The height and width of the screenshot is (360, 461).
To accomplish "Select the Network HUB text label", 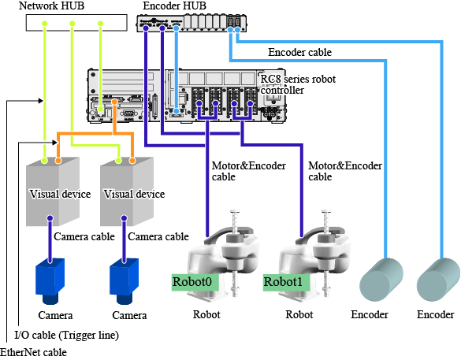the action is point(51,6).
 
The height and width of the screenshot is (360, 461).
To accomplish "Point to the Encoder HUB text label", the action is point(174,6).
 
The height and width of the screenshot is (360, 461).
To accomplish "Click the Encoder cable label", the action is point(299,52).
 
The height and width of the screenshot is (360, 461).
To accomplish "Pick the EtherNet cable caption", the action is point(34,352).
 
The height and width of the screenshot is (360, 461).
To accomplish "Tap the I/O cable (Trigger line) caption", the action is point(66,335).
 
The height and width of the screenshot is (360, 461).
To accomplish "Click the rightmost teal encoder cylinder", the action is point(438,280).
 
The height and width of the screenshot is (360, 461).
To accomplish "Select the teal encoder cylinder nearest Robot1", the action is point(381,280).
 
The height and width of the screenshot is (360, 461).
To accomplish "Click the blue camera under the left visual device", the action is point(50,280).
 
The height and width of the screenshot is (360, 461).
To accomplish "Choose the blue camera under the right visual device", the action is point(124,280).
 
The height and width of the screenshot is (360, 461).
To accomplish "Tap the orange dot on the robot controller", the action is point(114,102).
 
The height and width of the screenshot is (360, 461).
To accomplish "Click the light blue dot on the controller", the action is point(176,111).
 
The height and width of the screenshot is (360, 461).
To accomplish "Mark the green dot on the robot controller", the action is point(101,109).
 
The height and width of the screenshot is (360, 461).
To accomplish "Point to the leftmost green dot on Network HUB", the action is point(44,23).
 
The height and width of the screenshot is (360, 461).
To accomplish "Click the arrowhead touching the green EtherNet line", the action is point(40,101).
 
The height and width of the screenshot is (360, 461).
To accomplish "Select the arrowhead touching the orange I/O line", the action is point(54,143).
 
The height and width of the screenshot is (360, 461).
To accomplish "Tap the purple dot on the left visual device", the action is point(50,218).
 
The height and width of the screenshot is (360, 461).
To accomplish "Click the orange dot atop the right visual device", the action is point(132,161).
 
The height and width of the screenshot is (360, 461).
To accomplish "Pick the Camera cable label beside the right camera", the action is point(158,236).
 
